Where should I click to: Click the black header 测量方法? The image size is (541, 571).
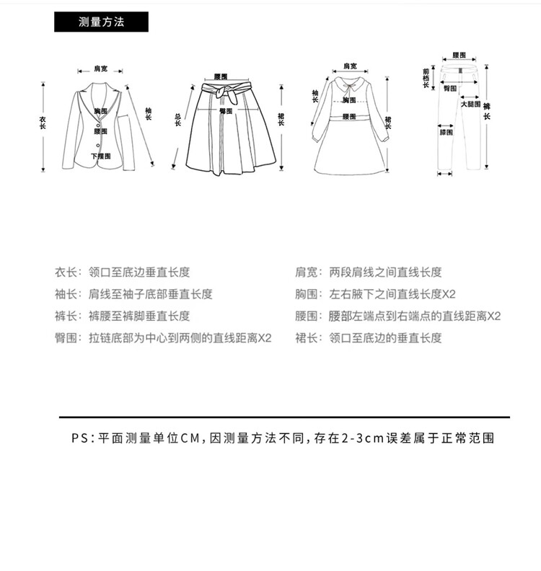click(101, 22)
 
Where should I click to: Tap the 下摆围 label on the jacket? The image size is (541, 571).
click(101, 156)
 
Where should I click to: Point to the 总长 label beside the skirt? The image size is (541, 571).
click(177, 120)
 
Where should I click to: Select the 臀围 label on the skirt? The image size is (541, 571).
click(226, 111)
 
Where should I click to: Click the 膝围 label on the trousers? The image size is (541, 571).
click(447, 133)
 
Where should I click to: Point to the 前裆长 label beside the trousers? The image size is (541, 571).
click(426, 77)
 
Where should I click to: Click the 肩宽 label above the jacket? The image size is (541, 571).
click(100, 69)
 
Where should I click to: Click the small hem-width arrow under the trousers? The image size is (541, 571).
click(446, 174)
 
